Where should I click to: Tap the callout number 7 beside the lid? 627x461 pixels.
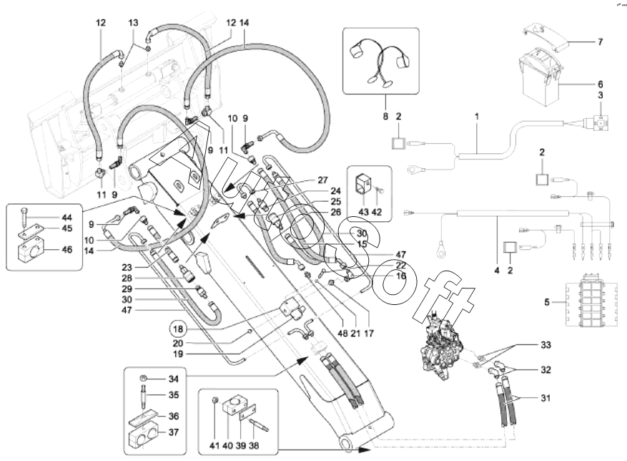tap(601, 42)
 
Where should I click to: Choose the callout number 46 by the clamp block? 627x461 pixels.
tap(66, 251)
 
